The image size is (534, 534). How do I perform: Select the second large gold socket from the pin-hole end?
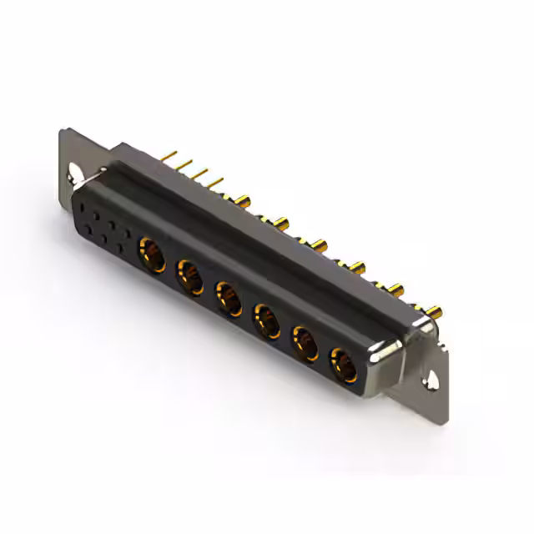click(x=189, y=275)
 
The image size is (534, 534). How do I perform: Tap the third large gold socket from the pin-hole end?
click(x=229, y=298)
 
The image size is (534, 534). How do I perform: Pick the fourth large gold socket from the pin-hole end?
click(x=266, y=320)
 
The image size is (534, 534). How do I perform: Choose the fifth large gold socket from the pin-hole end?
click(x=305, y=343)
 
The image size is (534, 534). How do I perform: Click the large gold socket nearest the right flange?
click(x=343, y=365)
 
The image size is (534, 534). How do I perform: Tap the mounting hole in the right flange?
click(x=434, y=380)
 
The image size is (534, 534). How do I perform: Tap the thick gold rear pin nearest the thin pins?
click(x=242, y=200)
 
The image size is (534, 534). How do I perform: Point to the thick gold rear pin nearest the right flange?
click(x=434, y=313)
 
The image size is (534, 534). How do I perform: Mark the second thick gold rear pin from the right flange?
click(x=395, y=290)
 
